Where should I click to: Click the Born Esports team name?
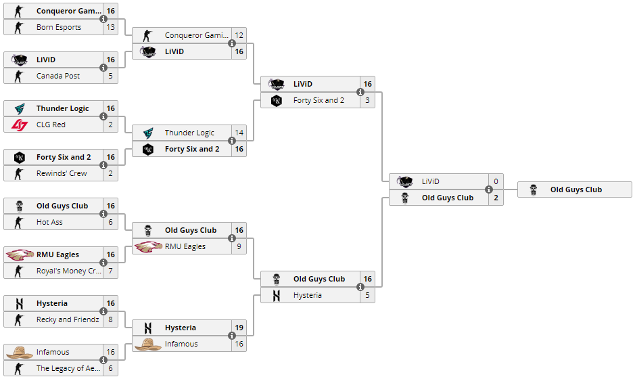59,27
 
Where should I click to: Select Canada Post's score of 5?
110,76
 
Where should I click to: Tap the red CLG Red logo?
20,125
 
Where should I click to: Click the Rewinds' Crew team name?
62,173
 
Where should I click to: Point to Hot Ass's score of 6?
110,222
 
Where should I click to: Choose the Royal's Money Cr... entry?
69,271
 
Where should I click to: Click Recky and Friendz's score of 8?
110,319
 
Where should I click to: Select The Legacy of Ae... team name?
68,368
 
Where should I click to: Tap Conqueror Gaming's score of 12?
239,35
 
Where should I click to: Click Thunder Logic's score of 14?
239,133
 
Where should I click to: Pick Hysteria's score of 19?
239,328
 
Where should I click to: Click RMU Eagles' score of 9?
239,246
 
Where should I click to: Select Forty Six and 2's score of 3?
368,100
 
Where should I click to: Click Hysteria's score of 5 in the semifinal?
368,295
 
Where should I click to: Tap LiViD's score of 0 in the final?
496,181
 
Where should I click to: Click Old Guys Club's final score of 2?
496,198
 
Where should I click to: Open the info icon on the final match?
489,189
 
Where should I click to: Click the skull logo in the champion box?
534,189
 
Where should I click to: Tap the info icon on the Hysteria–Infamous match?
232,336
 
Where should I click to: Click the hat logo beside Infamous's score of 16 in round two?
148,344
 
